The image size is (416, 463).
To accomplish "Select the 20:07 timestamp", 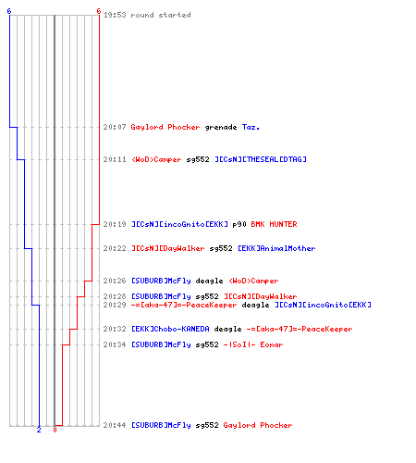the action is tap(115, 127).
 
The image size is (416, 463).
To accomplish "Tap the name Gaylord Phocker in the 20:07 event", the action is tap(165, 127).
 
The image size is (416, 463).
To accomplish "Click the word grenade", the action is tap(221, 127).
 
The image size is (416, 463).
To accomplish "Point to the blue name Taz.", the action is tap(251, 127).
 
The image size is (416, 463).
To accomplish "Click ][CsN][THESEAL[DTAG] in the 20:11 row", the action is tap(261, 159).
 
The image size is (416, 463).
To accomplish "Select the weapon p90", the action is tap(239, 224).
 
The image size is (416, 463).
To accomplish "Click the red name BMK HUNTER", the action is tap(274, 224).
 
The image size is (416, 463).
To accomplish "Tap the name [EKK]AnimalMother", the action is tap(276, 248).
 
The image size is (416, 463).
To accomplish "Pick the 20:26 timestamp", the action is tap(115, 281).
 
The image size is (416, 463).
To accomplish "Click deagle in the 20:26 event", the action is tap(209, 281).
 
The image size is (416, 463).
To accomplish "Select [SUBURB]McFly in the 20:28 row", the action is tap(161, 296).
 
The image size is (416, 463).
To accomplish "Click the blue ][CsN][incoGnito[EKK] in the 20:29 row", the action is tap(323, 305).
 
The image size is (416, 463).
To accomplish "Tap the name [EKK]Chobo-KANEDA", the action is tap(170, 329).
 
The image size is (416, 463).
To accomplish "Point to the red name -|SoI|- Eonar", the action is tap(253, 344).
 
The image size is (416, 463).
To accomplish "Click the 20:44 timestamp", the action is tap(115, 425).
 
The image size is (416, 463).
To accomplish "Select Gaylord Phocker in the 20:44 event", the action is tap(258, 425).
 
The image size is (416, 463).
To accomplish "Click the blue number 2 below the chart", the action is tap(39, 430).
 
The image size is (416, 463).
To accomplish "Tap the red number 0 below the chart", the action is tap(55, 430).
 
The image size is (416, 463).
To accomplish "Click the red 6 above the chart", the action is tap(99, 11).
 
